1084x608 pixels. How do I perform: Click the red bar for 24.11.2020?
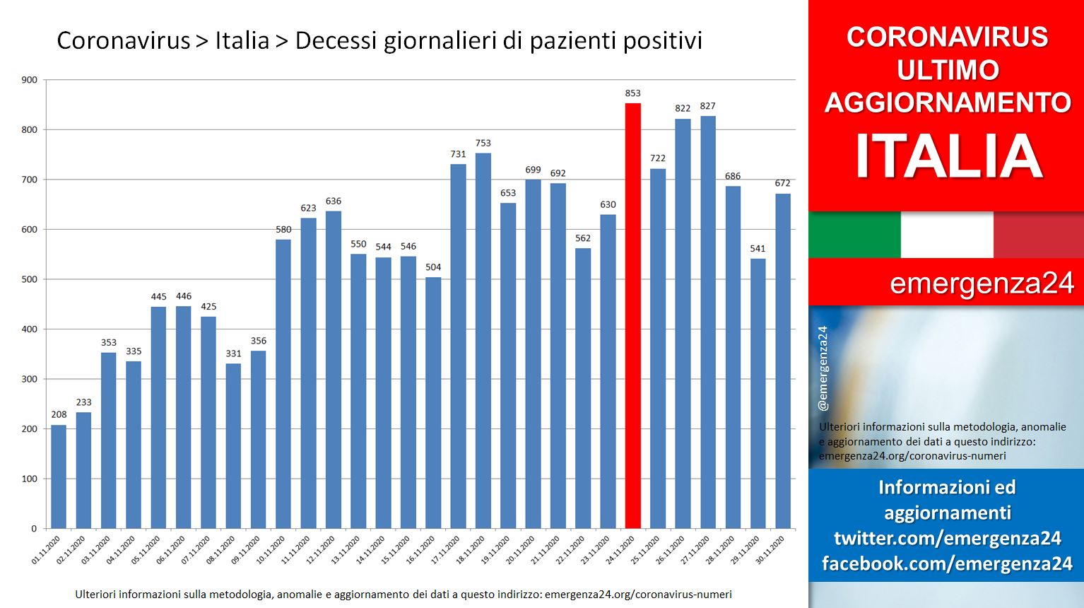coord(632,315)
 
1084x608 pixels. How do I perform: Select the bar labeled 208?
coord(59,477)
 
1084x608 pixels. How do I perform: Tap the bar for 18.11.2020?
coord(483,341)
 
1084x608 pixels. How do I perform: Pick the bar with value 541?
coord(758,394)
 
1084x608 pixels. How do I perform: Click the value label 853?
coord(632,93)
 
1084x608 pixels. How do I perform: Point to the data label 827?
coord(707,106)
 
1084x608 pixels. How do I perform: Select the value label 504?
coord(433,267)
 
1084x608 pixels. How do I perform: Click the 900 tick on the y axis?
coord(30,80)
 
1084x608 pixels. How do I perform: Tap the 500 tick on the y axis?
coord(30,279)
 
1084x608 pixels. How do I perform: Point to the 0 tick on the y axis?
coord(34,529)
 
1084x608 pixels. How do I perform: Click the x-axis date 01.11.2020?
coord(47,550)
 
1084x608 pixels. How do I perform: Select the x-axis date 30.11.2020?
coord(770,550)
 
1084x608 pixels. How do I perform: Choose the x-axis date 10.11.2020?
coord(271,550)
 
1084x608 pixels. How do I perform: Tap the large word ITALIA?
coord(948,156)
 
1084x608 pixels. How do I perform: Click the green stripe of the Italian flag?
coord(854,235)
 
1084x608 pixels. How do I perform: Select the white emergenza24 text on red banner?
coord(982,283)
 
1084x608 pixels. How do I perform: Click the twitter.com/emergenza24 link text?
coord(947,538)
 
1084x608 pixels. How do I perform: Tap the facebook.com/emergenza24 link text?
coord(947,563)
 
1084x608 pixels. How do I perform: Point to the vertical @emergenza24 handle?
coord(823,368)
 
